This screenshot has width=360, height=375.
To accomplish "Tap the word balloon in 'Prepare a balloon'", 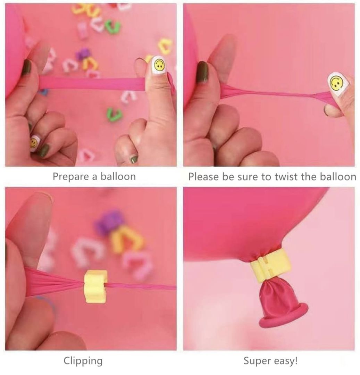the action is (118, 176).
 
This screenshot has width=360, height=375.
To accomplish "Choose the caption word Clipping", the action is (83, 361).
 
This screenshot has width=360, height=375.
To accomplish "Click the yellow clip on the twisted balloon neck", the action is (95, 286).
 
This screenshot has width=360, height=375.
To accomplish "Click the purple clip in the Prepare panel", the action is (83, 54).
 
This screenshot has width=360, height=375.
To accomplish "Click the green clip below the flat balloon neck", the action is (115, 114).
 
